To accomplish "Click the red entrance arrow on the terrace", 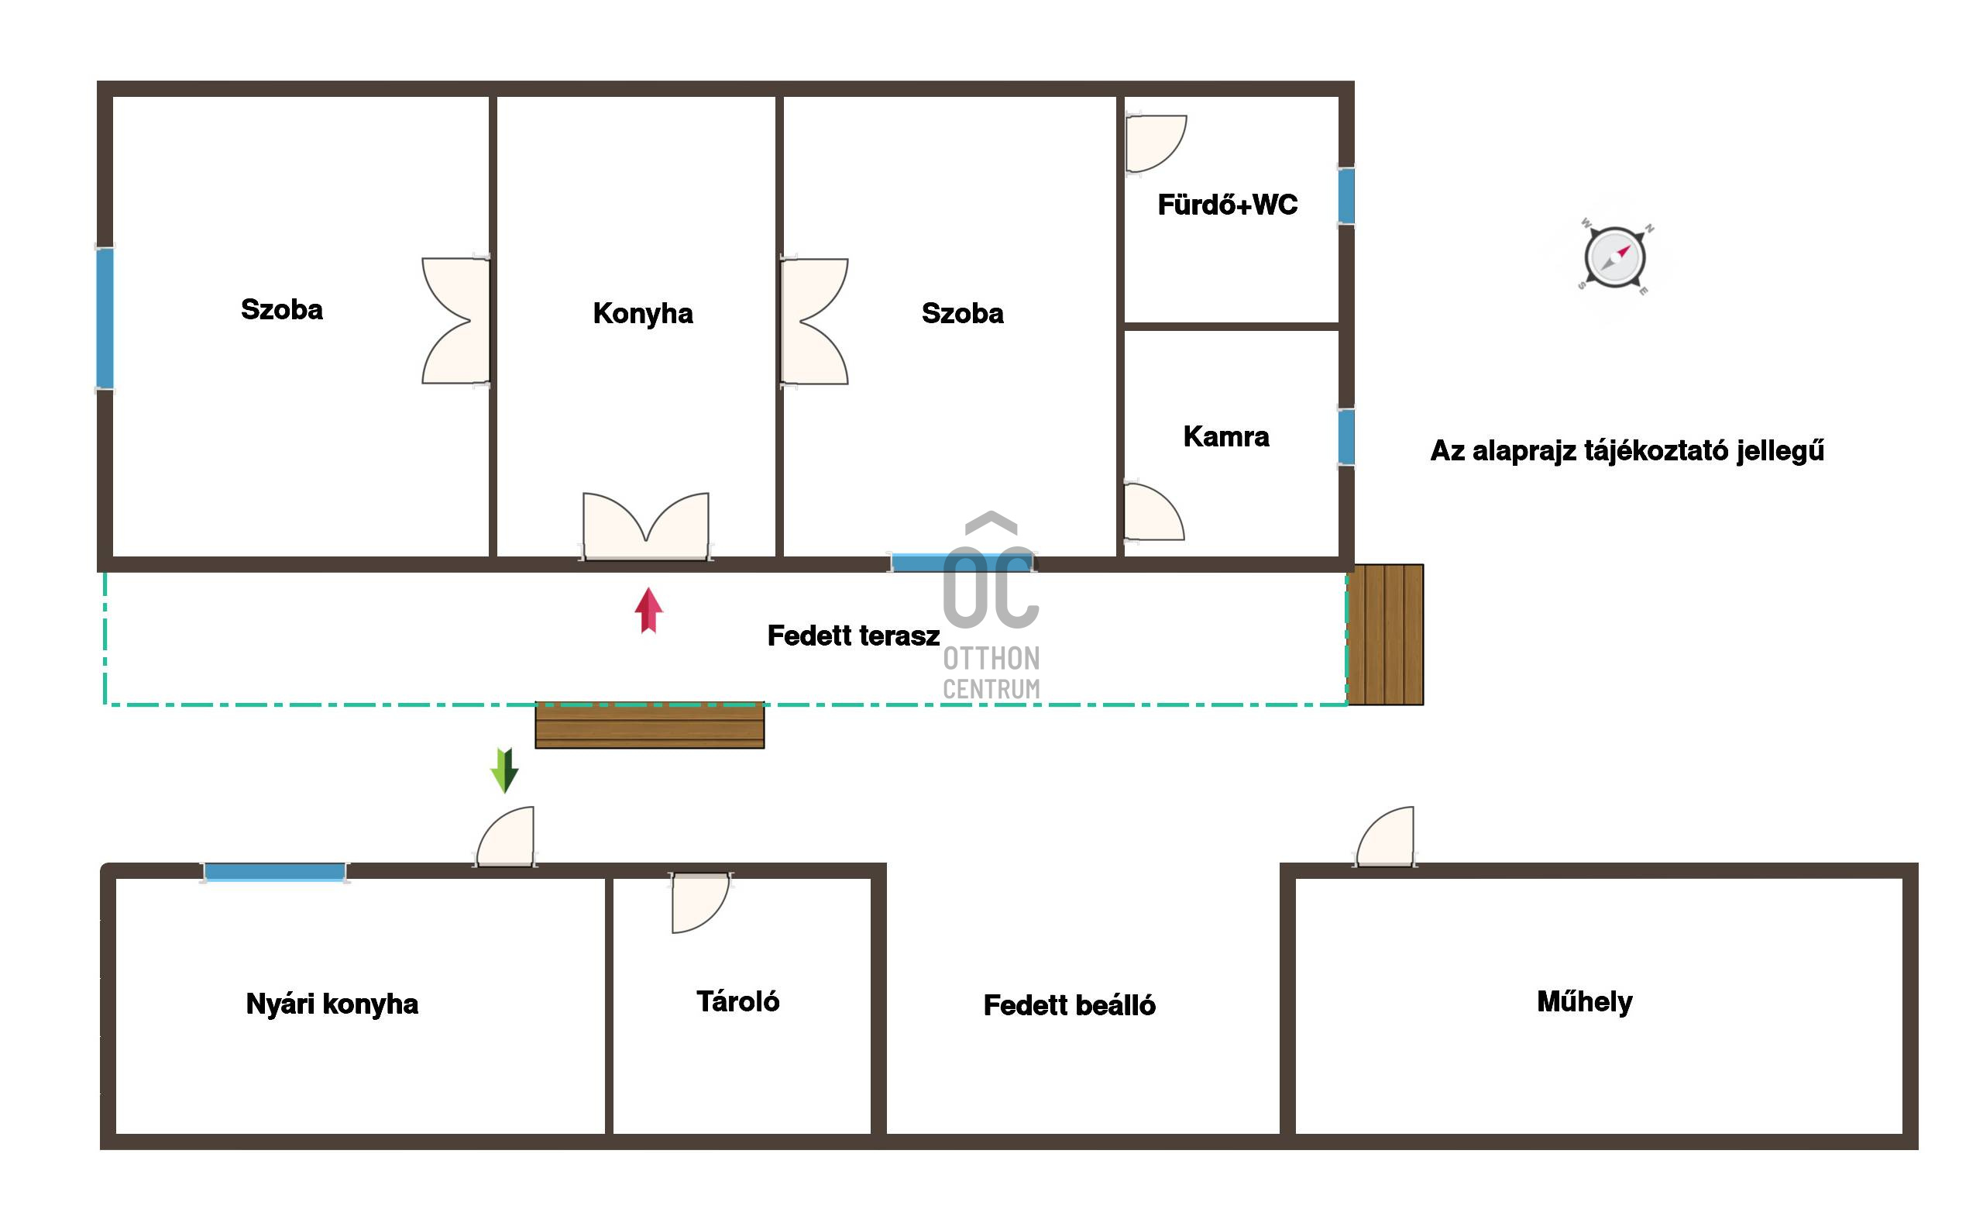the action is (x=648, y=610).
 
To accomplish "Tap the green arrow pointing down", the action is (x=504, y=770).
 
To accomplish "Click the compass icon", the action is (x=1614, y=257).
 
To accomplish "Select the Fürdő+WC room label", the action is (x=1227, y=205).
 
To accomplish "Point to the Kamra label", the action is (x=1225, y=436).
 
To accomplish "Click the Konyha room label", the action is (x=642, y=313).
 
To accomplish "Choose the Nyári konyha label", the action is (x=332, y=1004).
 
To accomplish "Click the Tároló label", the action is (x=737, y=1001).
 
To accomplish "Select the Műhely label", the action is (x=1585, y=1001).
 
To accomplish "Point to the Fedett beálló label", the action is (x=1069, y=1005).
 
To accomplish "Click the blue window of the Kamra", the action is (x=1345, y=437).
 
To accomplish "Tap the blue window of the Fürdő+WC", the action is (x=1345, y=195).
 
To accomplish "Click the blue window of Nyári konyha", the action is (x=274, y=872).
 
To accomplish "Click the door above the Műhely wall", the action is (x=1384, y=837).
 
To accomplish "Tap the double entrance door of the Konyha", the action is (x=646, y=525).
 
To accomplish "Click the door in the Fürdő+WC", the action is (x=1156, y=144).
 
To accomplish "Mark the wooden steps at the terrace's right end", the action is (x=1385, y=635).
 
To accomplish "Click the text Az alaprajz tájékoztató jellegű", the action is (x=1627, y=451).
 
